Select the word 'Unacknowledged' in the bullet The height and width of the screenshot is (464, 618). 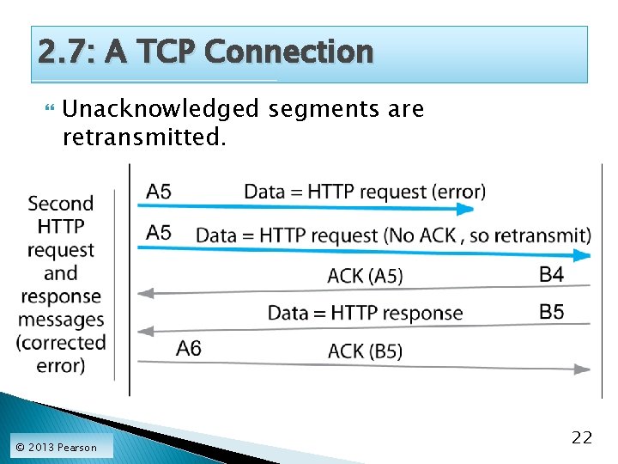160,109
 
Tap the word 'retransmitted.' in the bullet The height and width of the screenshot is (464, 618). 144,135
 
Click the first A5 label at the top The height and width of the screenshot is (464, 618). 159,190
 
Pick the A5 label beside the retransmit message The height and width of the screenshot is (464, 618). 159,232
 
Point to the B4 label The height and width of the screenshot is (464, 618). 551,274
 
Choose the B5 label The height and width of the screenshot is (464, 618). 551,311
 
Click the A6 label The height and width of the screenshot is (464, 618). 189,348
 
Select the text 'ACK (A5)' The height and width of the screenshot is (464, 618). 365,276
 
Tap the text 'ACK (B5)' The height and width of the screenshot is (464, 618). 365,351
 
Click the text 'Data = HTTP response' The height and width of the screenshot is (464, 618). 365,313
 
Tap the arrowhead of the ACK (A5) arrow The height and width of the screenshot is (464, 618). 144,293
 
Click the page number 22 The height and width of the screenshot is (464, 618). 581,438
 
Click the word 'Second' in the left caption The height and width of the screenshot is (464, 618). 60,204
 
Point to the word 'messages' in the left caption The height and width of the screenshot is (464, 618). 60,320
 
